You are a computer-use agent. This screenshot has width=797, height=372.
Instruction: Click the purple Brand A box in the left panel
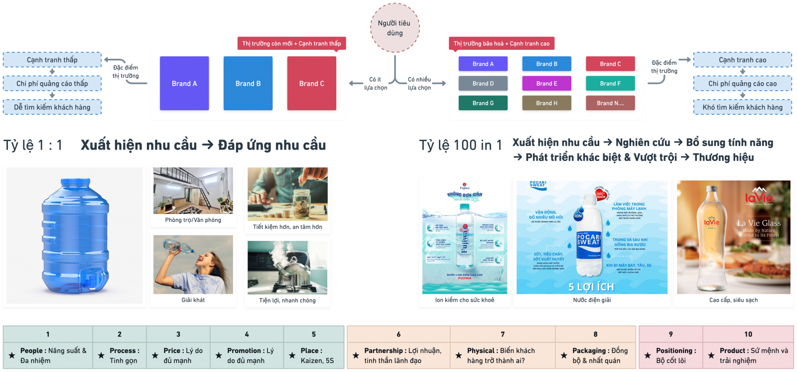click(x=184, y=83)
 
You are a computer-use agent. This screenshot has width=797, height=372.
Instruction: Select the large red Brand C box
click(x=311, y=83)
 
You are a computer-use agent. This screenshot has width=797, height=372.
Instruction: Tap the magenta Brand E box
click(x=546, y=83)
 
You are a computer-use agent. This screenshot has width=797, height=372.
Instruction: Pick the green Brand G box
click(x=483, y=103)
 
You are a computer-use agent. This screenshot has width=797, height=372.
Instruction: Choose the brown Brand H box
click(x=546, y=103)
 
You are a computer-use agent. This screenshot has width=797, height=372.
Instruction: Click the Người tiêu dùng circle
click(x=395, y=28)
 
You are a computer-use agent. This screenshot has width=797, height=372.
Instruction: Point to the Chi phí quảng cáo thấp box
click(x=52, y=83)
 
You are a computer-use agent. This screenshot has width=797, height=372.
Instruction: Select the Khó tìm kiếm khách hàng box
click(x=742, y=107)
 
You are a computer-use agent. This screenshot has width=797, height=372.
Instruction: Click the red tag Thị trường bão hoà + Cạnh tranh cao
click(x=502, y=43)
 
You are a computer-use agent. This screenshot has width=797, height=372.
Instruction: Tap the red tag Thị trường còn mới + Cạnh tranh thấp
click(x=291, y=43)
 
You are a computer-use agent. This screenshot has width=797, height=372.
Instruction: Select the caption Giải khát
click(x=193, y=300)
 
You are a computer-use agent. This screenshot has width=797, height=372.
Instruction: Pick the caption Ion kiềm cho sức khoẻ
click(x=465, y=300)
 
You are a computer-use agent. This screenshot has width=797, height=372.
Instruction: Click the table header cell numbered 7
click(x=503, y=334)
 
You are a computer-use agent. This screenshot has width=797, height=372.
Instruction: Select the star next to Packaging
click(x=564, y=356)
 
